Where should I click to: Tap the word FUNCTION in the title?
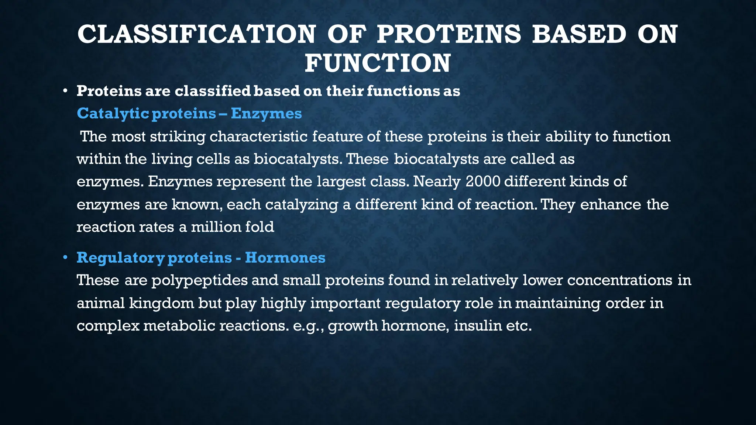click(378, 63)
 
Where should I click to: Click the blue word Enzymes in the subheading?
click(266, 114)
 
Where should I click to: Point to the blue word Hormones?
click(285, 258)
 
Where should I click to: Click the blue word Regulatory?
click(120, 258)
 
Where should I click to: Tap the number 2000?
click(483, 182)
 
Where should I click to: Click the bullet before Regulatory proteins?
click(65, 257)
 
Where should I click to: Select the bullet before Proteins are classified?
click(65, 91)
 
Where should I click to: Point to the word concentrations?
click(620, 280)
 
